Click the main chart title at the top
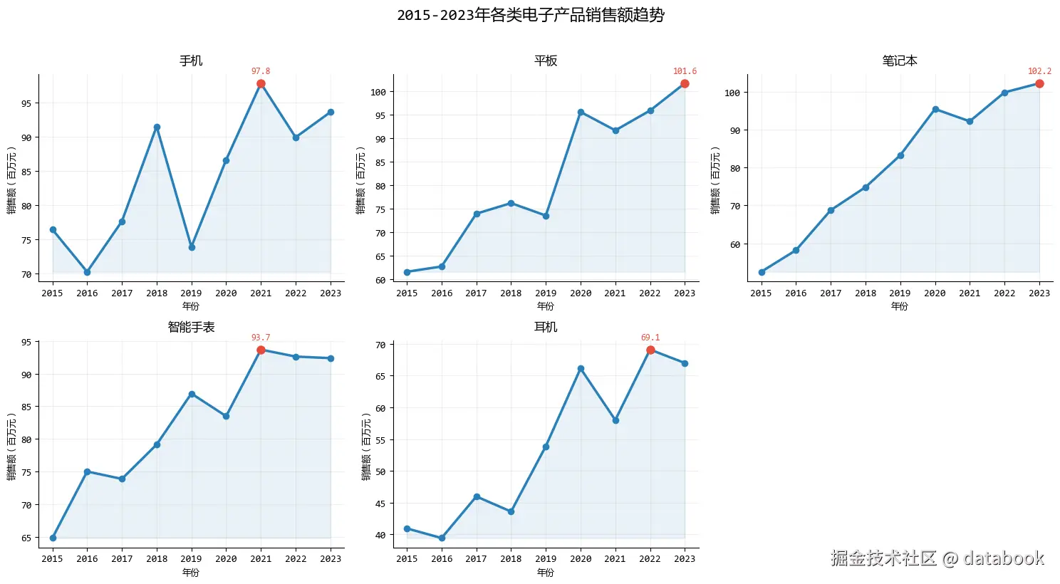[530, 15]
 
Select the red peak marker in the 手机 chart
[261, 84]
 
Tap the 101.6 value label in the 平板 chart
[685, 71]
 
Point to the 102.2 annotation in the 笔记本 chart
[1039, 71]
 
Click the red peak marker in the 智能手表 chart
[261, 350]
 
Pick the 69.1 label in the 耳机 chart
[650, 338]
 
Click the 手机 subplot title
[191, 61]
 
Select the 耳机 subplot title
[546, 327]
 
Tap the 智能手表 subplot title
[191, 327]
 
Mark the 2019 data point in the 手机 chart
[192, 247]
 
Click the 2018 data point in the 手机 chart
[157, 127]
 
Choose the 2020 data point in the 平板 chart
[581, 112]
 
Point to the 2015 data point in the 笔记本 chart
[762, 272]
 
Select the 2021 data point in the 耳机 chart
[615, 420]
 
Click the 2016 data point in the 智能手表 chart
[87, 471]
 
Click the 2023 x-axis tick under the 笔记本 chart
[1039, 293]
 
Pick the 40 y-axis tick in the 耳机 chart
[380, 535]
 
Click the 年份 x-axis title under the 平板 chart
[546, 306]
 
